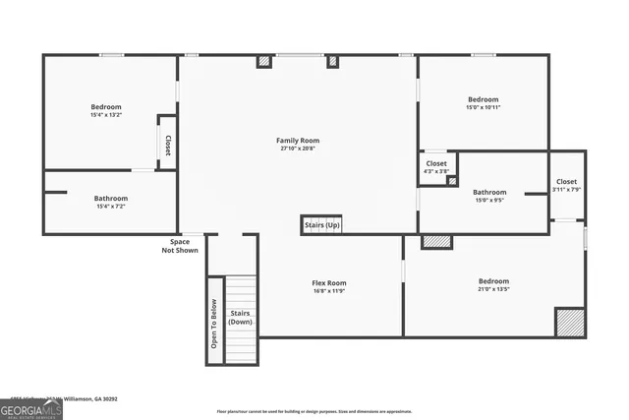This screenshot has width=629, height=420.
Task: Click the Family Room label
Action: pyautogui.click(x=297, y=141)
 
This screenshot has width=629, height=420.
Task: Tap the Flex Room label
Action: pyautogui.click(x=329, y=283)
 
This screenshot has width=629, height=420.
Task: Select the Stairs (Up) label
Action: pyautogui.click(x=321, y=226)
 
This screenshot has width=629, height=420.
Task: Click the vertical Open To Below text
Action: pyautogui.click(x=214, y=322)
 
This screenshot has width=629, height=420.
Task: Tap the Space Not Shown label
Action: pyautogui.click(x=180, y=246)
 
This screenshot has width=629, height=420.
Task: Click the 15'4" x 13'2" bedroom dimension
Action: pyautogui.click(x=106, y=115)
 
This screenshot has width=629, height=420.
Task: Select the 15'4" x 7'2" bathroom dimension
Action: pyautogui.click(x=111, y=207)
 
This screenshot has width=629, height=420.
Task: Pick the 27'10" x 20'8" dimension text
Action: pyautogui.click(x=297, y=150)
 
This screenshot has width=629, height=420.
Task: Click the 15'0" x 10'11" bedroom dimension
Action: pyautogui.click(x=483, y=108)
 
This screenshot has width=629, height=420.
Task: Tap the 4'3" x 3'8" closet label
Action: pyautogui.click(x=435, y=172)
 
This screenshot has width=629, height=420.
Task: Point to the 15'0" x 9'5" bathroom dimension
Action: pyautogui.click(x=488, y=201)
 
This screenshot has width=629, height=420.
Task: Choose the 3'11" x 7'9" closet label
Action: pyautogui.click(x=566, y=190)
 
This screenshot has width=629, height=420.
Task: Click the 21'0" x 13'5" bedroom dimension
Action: pyautogui.click(x=493, y=290)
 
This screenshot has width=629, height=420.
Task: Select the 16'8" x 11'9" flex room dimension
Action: pyautogui.click(x=329, y=292)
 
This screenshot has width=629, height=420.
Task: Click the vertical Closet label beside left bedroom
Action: pyautogui.click(x=168, y=146)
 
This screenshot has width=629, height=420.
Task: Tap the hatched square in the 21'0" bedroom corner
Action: pyautogui.click(x=569, y=323)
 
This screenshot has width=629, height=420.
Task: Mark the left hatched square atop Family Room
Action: pyautogui.click(x=263, y=61)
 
